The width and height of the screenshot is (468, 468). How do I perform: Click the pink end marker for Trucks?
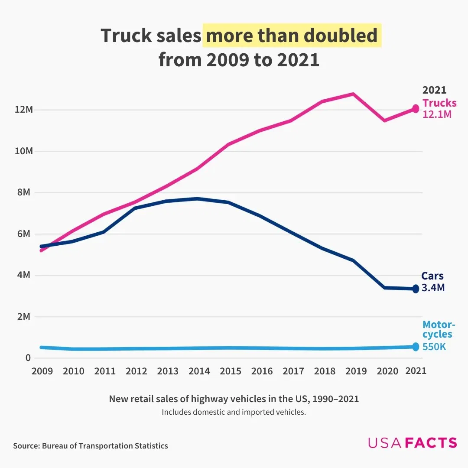[x=416, y=109]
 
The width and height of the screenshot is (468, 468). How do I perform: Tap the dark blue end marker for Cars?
[x=416, y=289]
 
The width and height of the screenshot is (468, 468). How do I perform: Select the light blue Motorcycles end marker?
[x=416, y=347]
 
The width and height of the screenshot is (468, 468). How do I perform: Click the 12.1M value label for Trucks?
[x=437, y=115]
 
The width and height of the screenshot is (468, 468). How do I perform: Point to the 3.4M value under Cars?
[x=433, y=288]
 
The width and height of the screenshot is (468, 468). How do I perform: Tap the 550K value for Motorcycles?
[x=434, y=347]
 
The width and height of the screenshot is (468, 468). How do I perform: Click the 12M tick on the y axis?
[x=24, y=110]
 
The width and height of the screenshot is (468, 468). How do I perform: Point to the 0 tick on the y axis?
[x=28, y=358]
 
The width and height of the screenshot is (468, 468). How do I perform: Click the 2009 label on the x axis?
[x=42, y=371]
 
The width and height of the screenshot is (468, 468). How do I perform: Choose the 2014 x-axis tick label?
[x=199, y=371]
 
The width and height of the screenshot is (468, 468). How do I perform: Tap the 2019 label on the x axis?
[x=356, y=371]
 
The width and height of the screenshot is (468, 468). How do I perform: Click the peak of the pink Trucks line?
[x=353, y=94]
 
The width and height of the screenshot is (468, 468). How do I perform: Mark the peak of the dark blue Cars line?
[x=197, y=198]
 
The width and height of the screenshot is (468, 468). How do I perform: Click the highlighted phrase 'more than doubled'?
[x=292, y=36]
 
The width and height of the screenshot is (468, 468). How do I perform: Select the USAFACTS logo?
[x=412, y=442]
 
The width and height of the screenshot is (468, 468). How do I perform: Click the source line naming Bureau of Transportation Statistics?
[x=90, y=445]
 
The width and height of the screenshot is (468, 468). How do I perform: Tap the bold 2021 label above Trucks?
[x=434, y=90]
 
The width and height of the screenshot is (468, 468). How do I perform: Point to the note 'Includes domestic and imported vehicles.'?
[x=234, y=412]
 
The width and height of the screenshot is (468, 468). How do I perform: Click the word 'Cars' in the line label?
[x=432, y=276]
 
